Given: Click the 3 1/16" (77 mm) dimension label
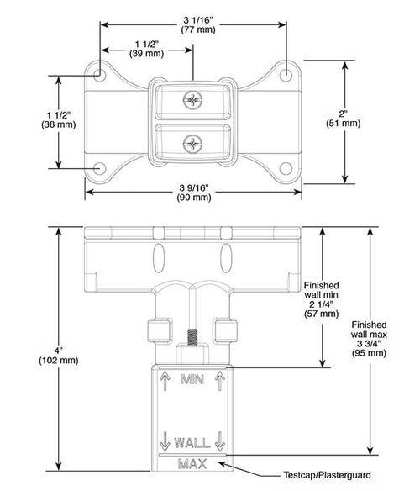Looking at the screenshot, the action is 198,24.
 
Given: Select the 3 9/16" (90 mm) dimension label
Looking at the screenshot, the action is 194,193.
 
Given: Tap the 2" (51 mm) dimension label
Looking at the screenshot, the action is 344,118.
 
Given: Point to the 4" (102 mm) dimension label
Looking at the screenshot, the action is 59,355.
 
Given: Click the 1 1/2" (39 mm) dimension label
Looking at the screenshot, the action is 146,49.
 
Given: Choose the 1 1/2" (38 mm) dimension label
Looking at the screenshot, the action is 59,119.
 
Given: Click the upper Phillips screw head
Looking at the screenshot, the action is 193,100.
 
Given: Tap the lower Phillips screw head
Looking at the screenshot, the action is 193,144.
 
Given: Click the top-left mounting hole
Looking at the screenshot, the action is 100,75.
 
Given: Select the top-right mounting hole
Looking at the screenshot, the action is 286,75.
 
